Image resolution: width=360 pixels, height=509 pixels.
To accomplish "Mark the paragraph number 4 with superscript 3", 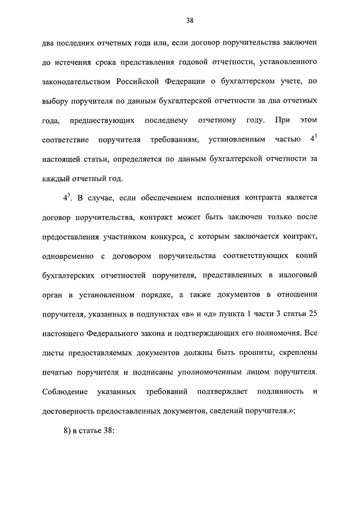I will click(67, 197).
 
